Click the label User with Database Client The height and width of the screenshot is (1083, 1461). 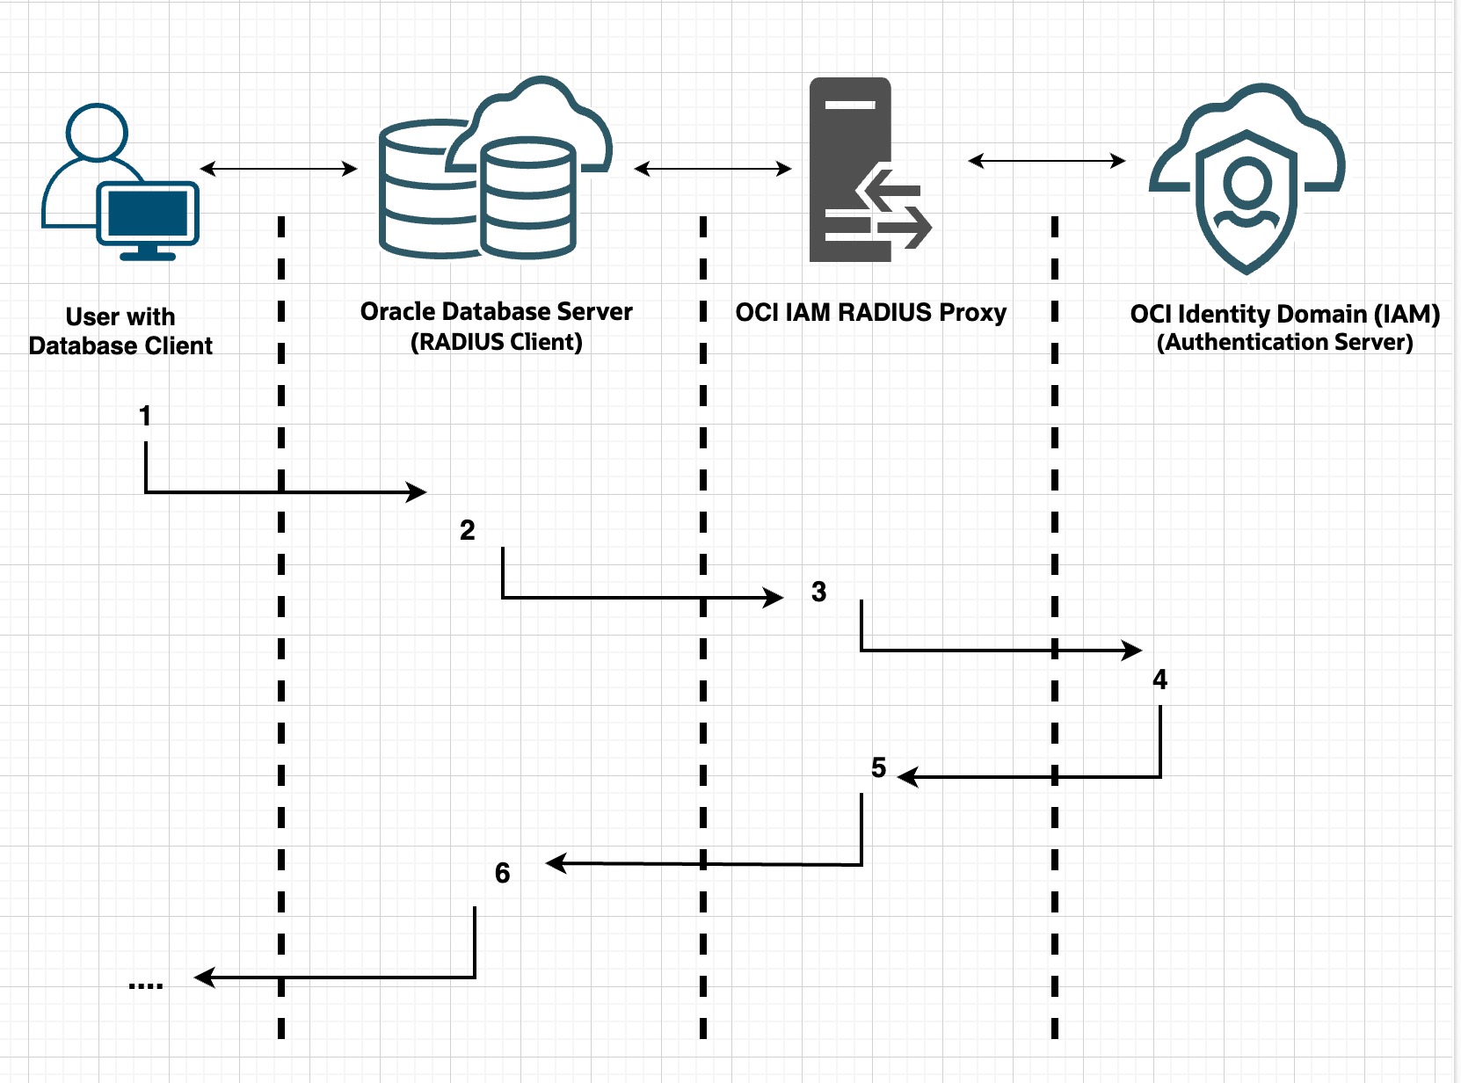click(120, 331)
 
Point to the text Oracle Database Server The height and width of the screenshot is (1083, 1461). click(496, 312)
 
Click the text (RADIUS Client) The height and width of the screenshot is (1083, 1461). click(496, 342)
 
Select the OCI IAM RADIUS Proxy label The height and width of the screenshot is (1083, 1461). click(870, 313)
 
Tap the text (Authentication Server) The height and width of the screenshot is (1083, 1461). click(1284, 342)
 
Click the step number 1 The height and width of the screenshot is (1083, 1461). click(145, 416)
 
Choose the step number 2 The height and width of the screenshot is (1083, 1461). click(467, 530)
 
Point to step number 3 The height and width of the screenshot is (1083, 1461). click(818, 592)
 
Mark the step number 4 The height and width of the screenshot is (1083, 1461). click(1159, 680)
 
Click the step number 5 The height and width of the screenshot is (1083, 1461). click(878, 767)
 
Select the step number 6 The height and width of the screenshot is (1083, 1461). click(502, 873)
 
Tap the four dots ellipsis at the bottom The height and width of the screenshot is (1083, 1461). click(145, 985)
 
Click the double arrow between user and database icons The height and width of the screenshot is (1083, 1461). click(279, 168)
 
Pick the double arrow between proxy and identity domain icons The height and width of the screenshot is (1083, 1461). click(1046, 161)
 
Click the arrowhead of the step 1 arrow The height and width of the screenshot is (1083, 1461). click(417, 492)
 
